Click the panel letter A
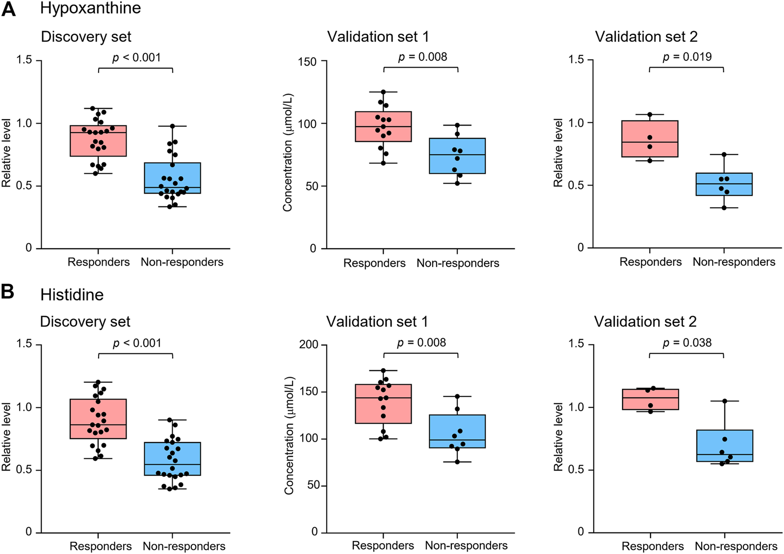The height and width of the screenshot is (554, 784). click(x=9, y=9)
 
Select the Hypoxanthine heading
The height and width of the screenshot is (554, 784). click(x=90, y=8)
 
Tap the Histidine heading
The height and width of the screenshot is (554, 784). click(x=72, y=294)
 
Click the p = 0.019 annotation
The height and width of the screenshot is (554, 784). click(x=687, y=57)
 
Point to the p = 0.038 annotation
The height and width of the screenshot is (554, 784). click(x=687, y=343)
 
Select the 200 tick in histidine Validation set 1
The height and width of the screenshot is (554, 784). click(x=308, y=345)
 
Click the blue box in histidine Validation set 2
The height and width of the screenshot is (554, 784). click(x=724, y=446)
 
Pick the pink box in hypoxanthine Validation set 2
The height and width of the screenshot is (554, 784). click(x=650, y=138)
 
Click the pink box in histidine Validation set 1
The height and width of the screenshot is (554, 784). click(x=384, y=403)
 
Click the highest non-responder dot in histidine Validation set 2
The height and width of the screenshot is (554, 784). click(x=725, y=401)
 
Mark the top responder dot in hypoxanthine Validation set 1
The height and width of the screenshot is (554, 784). click(x=383, y=92)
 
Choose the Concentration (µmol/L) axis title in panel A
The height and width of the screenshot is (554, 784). click(x=287, y=152)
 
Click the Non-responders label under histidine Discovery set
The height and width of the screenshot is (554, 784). click(x=184, y=546)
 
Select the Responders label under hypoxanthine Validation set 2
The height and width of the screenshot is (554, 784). click(x=650, y=262)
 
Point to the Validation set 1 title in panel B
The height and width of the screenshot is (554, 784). click(x=377, y=321)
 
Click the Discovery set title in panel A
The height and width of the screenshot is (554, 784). click(x=86, y=37)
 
